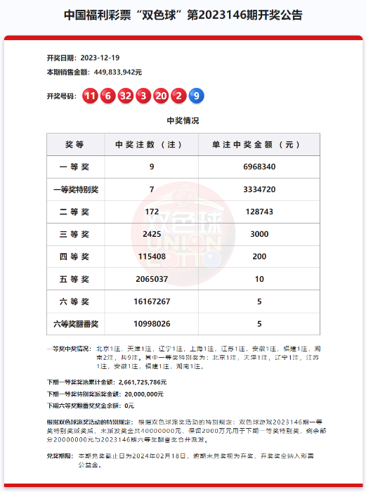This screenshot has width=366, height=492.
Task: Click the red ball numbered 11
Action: pos(90,96)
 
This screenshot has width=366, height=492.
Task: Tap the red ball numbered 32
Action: pos(125,96)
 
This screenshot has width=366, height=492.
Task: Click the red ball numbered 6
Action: pos(107,96)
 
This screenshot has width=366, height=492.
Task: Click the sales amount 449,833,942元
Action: pos(113,72)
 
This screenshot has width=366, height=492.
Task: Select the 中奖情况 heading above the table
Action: pos(183,120)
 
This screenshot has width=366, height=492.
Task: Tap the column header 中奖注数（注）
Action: pos(152,145)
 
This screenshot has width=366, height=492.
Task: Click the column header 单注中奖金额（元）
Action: pos(259,145)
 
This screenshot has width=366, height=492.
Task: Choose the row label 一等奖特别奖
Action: pos(75,189)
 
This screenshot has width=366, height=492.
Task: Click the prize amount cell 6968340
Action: pos(259,167)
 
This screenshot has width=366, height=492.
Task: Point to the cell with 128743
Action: pos(259,212)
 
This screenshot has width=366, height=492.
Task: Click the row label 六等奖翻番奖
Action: pos(75,324)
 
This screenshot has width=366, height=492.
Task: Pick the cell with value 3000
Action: pos(259,234)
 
